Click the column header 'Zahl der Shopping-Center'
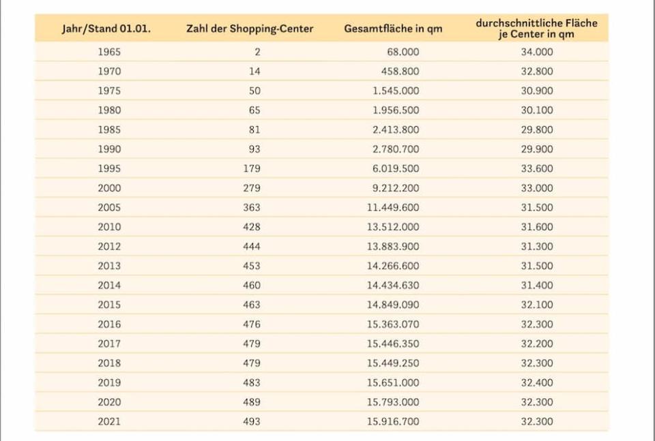click(250, 29)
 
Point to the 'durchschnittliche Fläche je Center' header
click(536, 29)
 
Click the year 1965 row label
click(109, 52)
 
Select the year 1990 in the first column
click(109, 149)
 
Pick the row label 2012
click(109, 247)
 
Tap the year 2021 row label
click(109, 422)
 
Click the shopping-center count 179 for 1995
click(251, 168)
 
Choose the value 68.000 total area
click(403, 52)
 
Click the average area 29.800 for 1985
click(537, 130)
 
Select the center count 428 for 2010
click(251, 227)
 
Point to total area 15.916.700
click(393, 422)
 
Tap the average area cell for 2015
click(537, 305)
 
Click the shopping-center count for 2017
click(251, 344)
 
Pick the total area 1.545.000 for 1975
click(396, 91)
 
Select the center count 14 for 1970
click(255, 71)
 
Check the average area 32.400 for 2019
click(537, 383)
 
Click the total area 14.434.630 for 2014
click(393, 286)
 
